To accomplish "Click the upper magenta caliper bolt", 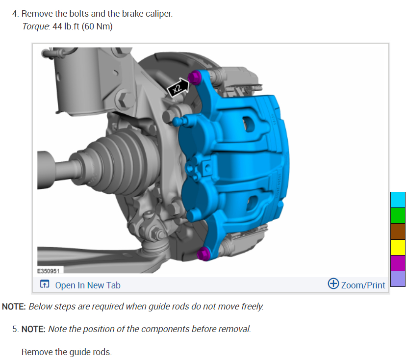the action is pos(195,77).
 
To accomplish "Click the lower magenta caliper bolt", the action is pos(204,254).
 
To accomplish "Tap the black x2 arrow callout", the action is pos(178,87).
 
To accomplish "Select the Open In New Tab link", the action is pos(88,285).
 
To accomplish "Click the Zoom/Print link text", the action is pos(363,285).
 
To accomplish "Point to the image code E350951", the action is pos(49,271).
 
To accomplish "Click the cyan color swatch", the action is pos(398,200).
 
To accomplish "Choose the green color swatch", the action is pos(398,215).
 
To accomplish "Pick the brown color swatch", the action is pos(398,231).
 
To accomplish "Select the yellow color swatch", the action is pos(398,247).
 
